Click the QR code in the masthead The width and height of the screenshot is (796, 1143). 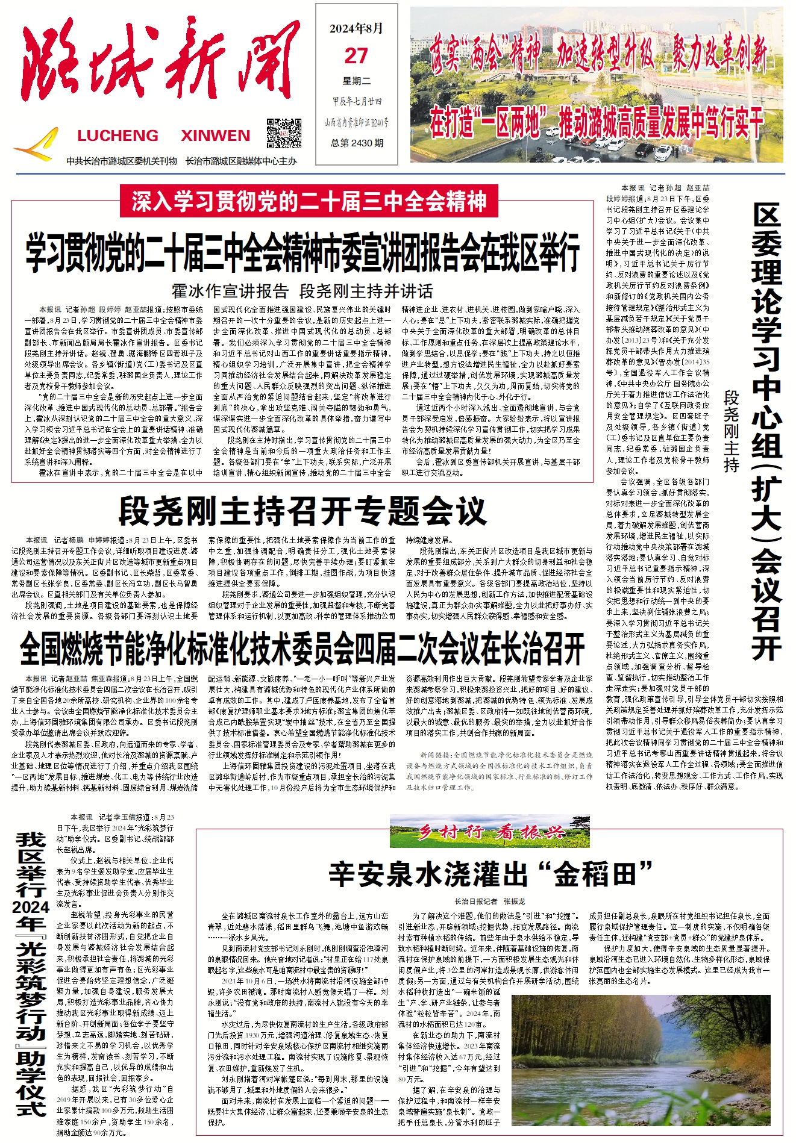coord(284,133)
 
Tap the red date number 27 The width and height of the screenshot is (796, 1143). coord(356,57)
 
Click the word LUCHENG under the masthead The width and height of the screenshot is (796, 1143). coord(118,135)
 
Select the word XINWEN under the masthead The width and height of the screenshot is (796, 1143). coord(215,135)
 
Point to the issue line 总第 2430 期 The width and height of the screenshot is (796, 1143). coord(357,143)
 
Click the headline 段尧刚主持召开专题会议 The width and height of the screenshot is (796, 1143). coord(302,511)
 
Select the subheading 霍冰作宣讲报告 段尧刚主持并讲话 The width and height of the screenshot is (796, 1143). coord(302,291)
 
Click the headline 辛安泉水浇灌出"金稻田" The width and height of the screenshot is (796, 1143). coord(491,874)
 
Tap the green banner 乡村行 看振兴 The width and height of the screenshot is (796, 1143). coord(489,833)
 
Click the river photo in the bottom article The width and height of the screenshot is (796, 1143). coord(641,1059)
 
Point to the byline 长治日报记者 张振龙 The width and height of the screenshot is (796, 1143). coord(490,902)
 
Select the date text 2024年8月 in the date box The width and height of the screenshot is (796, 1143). coord(356,29)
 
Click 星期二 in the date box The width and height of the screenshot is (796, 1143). coord(357,81)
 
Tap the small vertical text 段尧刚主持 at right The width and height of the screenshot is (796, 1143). coord(731,431)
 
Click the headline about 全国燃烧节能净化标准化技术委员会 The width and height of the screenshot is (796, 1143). coord(302,649)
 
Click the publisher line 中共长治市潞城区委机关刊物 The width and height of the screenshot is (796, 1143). coord(122,161)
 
